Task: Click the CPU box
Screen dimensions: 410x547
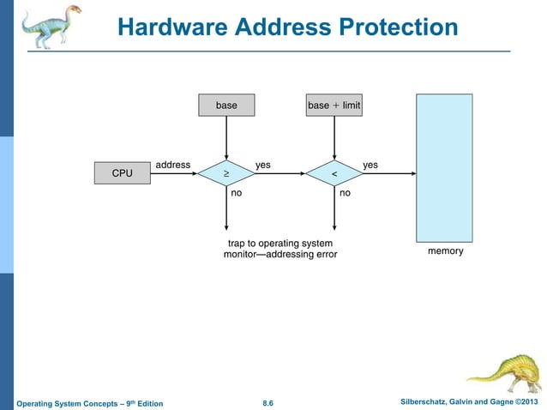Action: pos(122,173)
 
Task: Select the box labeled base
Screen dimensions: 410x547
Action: pos(226,106)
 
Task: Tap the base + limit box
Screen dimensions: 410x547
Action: pos(334,106)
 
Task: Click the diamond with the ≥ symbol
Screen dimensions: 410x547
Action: pos(226,174)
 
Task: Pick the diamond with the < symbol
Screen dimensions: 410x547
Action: pos(334,174)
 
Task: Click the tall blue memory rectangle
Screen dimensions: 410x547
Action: pos(444,167)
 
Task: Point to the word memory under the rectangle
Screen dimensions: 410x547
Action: pos(445,251)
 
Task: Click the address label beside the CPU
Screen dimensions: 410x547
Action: pos(172,164)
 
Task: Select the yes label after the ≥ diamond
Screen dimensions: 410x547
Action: pos(264,164)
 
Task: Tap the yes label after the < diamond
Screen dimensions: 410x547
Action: pos(370,164)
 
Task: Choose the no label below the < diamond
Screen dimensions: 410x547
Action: pos(345,195)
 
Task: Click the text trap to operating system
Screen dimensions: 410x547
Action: pos(280,243)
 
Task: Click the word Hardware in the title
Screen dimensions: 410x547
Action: pos(172,27)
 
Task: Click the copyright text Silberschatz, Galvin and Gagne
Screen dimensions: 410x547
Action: pos(446,402)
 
